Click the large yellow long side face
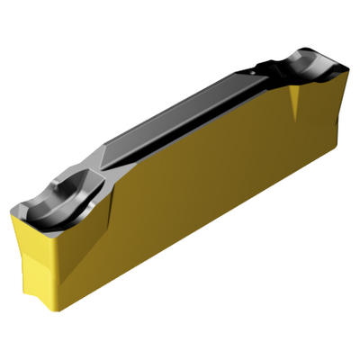coord(198,207)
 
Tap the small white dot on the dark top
coord(262,65)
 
